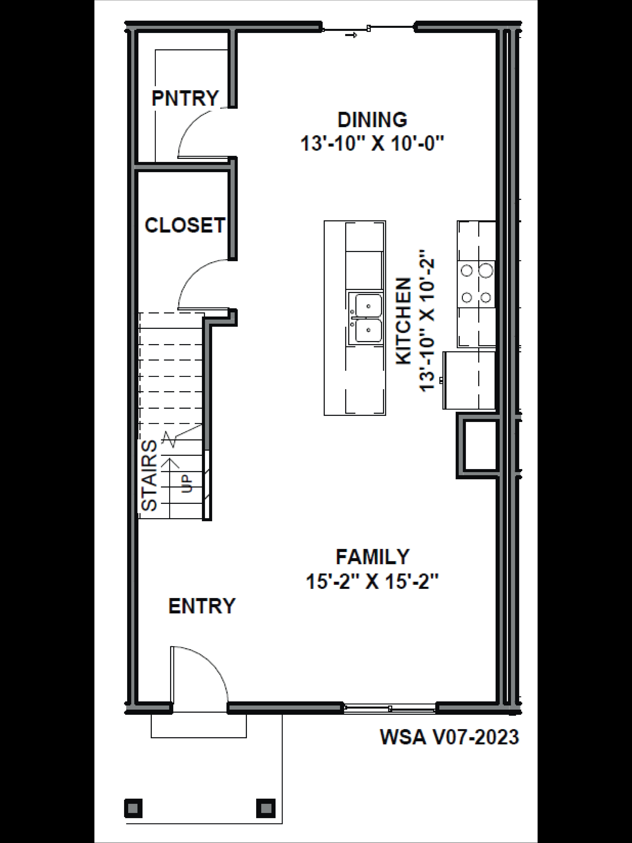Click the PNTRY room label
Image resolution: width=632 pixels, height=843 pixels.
(x=185, y=98)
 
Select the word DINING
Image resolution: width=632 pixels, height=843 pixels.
(x=372, y=120)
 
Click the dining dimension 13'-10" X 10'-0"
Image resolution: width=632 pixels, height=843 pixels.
(x=372, y=144)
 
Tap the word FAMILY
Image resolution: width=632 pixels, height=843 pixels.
(x=372, y=557)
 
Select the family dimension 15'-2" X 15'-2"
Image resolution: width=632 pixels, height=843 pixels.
(x=372, y=582)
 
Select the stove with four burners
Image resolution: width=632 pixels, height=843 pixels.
(x=476, y=284)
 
